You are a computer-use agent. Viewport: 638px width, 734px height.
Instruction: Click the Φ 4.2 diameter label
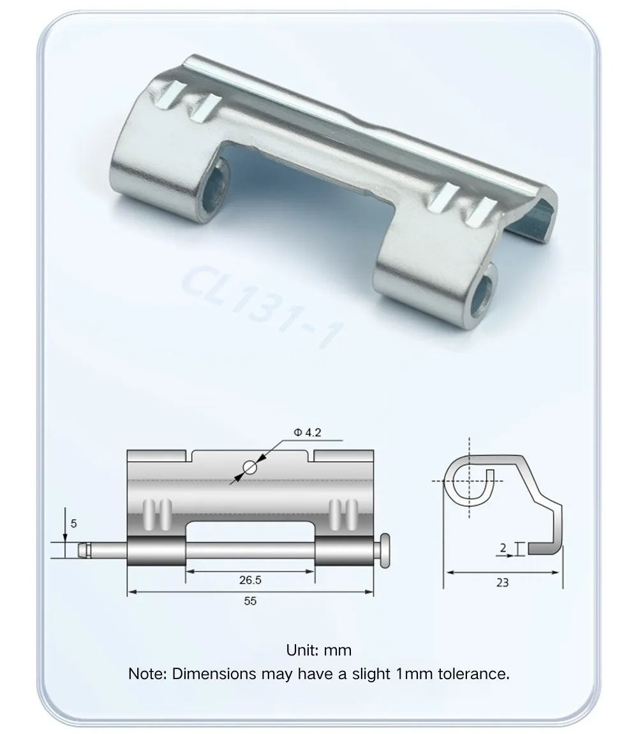coord(308,432)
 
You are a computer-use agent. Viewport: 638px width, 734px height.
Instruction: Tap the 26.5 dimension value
coord(249,580)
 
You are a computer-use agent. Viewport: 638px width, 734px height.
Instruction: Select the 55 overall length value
coord(249,601)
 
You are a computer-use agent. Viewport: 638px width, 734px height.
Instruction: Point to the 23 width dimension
coord(502,582)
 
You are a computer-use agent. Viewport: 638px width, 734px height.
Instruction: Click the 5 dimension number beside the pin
coord(73,524)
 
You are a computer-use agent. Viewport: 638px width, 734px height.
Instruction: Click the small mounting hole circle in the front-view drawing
coord(249,468)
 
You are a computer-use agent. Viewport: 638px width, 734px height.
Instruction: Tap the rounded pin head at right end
coord(384,550)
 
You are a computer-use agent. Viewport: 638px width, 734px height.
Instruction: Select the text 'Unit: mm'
coord(319,650)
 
